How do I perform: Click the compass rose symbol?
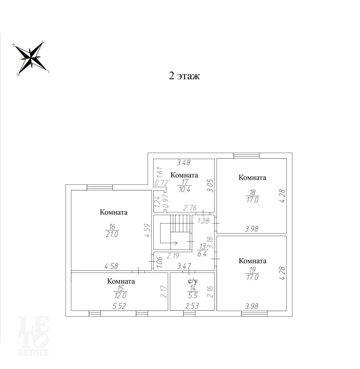pos(31,58)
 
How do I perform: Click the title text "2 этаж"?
pos(184,76)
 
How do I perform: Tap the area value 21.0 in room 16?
pos(112,234)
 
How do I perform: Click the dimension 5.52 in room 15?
pos(119,306)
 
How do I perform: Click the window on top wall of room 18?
pos(246,156)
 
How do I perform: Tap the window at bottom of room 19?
pos(254,313)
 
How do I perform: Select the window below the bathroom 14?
pos(189,313)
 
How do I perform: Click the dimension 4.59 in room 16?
pos(147,230)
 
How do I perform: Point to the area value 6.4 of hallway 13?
pos(202,254)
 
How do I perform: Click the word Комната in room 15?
pos(121,281)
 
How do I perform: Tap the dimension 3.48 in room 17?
pos(184,163)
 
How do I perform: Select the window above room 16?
pos(100,187)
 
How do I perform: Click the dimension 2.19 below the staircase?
pos(173,256)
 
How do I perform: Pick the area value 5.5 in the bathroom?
pos(193,295)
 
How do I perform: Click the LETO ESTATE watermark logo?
pos(33,336)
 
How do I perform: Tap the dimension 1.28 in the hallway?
pos(203,221)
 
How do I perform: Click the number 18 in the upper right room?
pos(252,192)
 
